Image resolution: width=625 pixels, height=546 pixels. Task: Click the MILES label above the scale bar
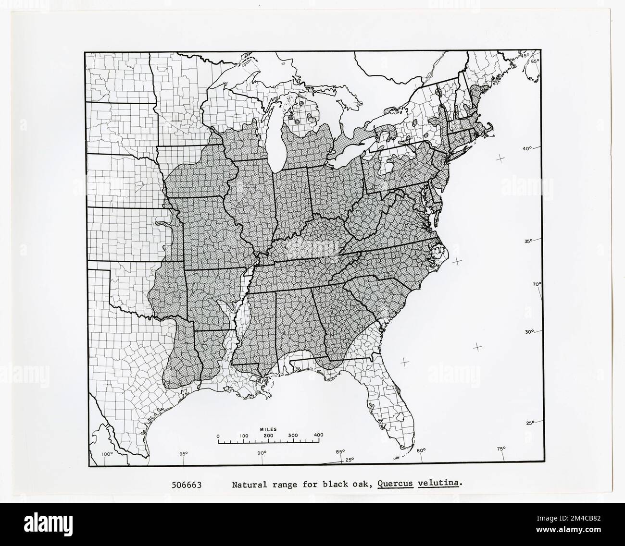[268, 429]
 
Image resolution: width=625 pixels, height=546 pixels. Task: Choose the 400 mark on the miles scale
[318, 436]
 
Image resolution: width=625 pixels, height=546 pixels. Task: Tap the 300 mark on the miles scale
[293, 436]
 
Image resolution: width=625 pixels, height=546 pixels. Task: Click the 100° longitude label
[106, 454]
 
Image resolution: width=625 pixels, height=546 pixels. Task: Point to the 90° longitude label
[262, 453]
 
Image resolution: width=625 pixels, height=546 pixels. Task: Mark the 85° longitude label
[340, 451]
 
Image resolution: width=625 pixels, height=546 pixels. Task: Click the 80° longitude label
[421, 450]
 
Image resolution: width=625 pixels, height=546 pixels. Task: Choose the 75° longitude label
[501, 449]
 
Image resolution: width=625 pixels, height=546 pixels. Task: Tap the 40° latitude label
[528, 149]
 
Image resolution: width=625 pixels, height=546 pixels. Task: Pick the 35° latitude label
[528, 241]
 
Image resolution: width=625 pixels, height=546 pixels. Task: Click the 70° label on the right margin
[537, 284]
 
